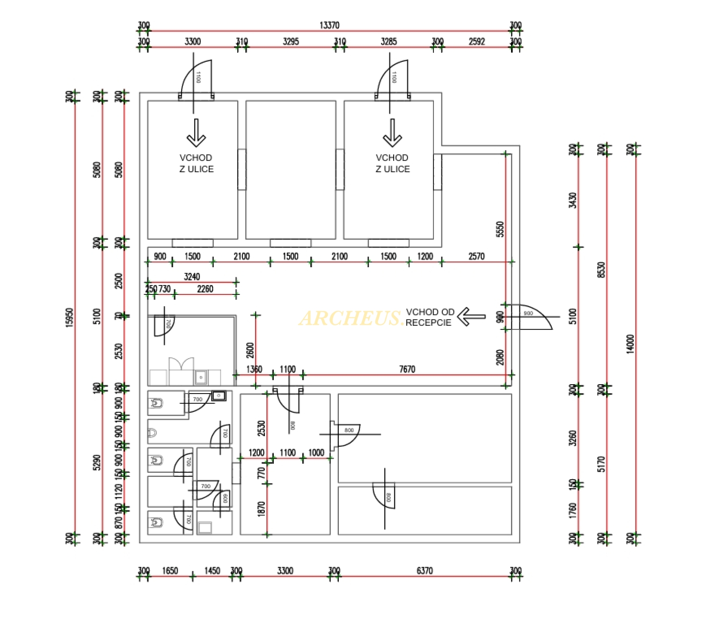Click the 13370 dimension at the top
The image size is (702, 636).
tap(329, 25)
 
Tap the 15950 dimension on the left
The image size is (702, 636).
tap(69, 317)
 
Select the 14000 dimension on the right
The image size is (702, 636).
tap(630, 344)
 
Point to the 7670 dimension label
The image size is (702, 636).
tap(407, 369)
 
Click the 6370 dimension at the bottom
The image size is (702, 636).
tap(424, 570)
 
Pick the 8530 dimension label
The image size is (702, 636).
tap(601, 270)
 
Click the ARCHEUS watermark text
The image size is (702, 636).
tap(351, 319)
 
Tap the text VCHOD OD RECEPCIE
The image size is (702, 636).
tap(429, 317)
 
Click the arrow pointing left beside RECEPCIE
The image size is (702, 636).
tap(471, 317)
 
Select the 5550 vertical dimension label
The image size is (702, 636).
tap(500, 229)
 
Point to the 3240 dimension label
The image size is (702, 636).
tap(192, 277)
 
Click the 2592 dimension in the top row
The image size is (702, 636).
tap(477, 42)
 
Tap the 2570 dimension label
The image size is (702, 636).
tap(476, 256)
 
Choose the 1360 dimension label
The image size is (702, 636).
tap(254, 369)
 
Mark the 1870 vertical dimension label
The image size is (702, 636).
tap(261, 509)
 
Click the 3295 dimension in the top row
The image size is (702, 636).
tap(291, 42)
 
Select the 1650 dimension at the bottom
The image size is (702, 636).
tap(170, 570)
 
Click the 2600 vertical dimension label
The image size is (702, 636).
tap(250, 350)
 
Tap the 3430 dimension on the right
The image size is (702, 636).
tap(572, 200)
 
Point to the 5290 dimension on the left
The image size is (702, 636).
tap(97, 462)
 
